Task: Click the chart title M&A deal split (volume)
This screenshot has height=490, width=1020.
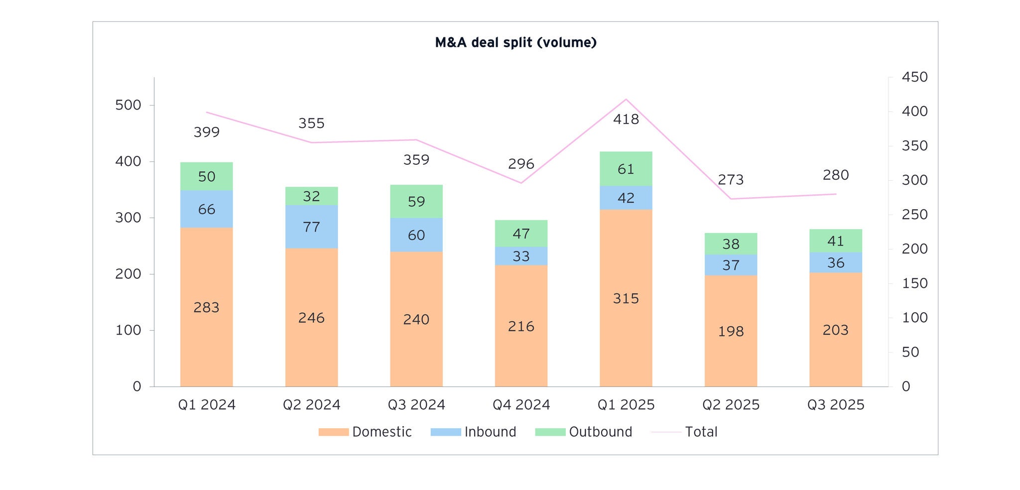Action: tap(515, 43)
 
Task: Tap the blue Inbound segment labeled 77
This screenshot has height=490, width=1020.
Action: tap(311, 227)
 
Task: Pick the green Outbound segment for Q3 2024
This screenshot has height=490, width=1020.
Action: tap(416, 201)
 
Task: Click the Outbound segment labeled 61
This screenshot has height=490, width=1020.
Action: tap(626, 169)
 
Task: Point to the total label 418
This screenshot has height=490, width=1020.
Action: tap(626, 120)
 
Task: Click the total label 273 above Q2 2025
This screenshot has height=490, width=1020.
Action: tap(730, 180)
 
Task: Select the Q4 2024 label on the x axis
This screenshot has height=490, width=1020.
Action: tap(521, 405)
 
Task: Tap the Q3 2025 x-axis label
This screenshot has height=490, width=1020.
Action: tap(835, 405)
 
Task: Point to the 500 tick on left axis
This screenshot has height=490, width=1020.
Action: tap(128, 105)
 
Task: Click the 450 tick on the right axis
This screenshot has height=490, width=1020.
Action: tap(914, 77)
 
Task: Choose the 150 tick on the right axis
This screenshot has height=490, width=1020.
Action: tap(914, 283)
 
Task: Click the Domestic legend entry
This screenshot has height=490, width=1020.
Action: tap(382, 432)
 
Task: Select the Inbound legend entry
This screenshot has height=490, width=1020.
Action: tap(490, 432)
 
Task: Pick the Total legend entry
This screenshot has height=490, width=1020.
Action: tap(701, 432)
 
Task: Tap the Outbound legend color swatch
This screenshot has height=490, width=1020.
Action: tap(550, 432)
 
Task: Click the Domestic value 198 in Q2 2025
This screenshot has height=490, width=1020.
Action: tap(731, 331)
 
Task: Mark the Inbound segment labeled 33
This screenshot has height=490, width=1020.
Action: tap(521, 256)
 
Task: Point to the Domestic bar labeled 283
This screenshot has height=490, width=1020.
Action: tap(206, 308)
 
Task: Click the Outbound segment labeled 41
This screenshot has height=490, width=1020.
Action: tap(835, 241)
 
